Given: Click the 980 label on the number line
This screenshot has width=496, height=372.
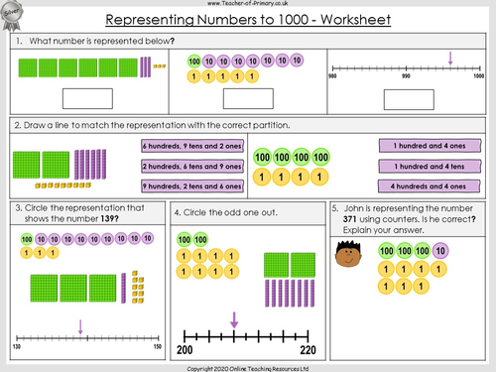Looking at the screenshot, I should [333, 75].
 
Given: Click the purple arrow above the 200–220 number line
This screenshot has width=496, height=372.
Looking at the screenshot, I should [234, 318].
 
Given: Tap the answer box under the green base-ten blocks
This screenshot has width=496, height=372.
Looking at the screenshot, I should [86, 97].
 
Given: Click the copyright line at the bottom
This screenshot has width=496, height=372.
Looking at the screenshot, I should [248, 365].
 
